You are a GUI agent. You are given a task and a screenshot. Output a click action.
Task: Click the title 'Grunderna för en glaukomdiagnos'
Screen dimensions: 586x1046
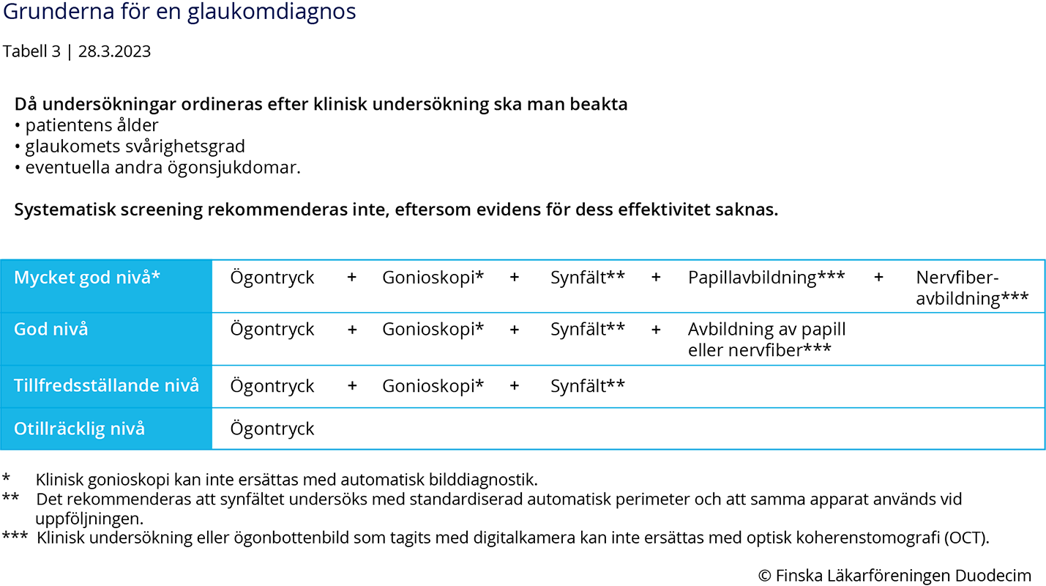179,12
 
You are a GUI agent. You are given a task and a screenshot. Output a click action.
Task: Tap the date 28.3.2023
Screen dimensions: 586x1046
114,51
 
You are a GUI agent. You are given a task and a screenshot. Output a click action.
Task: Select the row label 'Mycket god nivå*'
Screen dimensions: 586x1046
87,278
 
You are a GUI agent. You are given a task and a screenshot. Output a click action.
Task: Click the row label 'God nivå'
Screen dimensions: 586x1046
51,329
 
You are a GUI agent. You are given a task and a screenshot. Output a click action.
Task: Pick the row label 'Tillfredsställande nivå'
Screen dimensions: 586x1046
106,385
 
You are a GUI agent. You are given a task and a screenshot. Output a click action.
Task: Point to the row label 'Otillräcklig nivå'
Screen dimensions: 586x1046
79,428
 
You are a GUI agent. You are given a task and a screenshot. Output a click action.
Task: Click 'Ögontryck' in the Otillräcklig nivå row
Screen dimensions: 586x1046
272,429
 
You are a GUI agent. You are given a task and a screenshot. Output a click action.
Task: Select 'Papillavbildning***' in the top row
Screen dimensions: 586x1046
766,278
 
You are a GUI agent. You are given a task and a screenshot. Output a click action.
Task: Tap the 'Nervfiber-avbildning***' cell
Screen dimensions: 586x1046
972,288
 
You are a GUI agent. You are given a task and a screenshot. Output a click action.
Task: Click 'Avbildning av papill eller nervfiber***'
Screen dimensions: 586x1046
766,339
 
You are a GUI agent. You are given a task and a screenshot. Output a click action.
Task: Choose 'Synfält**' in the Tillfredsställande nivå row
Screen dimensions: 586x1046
588,386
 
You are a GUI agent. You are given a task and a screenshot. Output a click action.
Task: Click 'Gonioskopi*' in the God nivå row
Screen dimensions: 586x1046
433,329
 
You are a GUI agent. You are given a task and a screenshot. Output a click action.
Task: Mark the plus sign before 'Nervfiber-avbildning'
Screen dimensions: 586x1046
878,278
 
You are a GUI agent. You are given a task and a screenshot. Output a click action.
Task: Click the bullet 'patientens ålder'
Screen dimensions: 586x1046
91,125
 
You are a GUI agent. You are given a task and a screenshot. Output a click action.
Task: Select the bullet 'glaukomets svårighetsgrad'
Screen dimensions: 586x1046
135,146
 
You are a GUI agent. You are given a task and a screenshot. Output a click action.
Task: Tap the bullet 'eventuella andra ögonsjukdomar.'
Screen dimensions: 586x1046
162,168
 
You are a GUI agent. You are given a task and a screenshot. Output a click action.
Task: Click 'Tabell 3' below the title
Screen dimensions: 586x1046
32,51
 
